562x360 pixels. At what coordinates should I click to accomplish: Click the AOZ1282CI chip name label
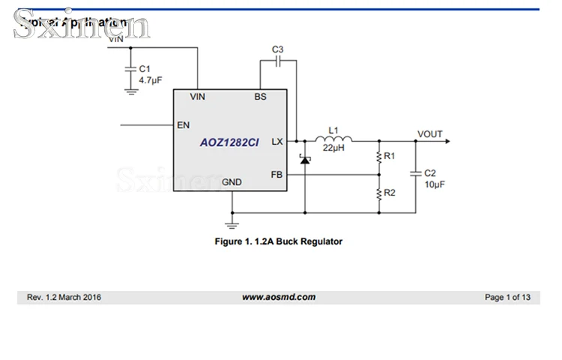tap(229, 141)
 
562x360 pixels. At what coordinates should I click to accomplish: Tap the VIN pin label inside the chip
tap(198, 97)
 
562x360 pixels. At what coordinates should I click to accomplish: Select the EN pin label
tap(183, 125)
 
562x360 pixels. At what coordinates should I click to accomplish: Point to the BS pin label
tap(260, 97)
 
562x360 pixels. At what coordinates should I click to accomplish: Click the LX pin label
tap(277, 141)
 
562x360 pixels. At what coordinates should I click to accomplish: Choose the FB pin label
tap(276, 175)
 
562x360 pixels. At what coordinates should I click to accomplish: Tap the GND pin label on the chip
tap(232, 182)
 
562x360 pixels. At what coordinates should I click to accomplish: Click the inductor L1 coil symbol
tap(333, 139)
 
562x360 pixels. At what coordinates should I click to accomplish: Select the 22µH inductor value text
tap(333, 148)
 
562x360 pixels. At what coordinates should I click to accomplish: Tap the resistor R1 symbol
tap(378, 157)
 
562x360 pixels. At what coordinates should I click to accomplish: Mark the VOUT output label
tap(430, 134)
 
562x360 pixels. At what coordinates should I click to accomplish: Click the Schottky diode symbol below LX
tap(304, 160)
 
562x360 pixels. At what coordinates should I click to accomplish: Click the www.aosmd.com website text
tap(278, 297)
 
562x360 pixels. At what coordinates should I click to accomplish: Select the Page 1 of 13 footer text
tap(507, 298)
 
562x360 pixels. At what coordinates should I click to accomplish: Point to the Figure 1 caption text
tap(278, 241)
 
